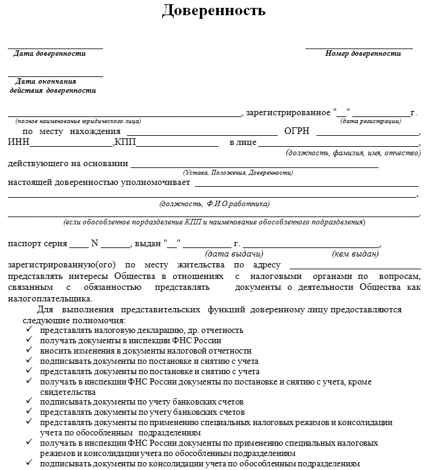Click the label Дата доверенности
pyautogui.click(x=50, y=53)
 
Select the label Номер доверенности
pyautogui.click(x=363, y=53)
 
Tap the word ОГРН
pyautogui.click(x=296, y=132)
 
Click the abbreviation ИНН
pyautogui.click(x=18, y=143)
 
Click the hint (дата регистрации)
pyautogui.click(x=370, y=121)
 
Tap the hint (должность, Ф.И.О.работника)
pyautogui.click(x=214, y=204)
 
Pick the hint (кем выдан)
pyautogui.click(x=355, y=253)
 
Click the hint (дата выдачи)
pyautogui.click(x=234, y=253)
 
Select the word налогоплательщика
pyautogui.click(x=49, y=298)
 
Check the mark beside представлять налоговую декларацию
pyautogui.click(x=30, y=330)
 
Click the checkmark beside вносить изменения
pyautogui.click(x=30, y=351)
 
